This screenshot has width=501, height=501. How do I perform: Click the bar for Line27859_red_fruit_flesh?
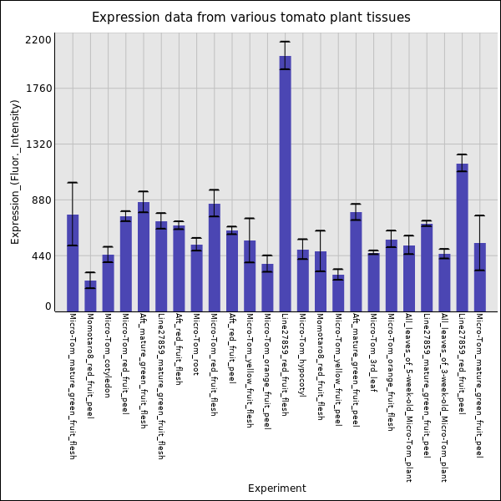[x=285, y=184]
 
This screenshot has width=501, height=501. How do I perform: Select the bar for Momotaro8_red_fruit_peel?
[x=90, y=296]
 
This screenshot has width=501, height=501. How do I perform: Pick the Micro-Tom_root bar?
[x=196, y=277]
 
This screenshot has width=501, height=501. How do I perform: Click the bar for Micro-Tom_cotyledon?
[x=108, y=283]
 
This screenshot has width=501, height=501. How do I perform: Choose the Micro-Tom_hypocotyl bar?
[x=302, y=280]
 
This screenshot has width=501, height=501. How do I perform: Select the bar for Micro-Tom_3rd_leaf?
[x=373, y=281]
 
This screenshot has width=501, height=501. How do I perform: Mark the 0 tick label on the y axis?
[x=48, y=306]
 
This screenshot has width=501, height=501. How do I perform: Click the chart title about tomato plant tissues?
[x=250, y=18]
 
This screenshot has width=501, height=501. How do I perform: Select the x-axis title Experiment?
[x=276, y=488]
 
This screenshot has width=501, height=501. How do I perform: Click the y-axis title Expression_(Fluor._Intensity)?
[x=15, y=171]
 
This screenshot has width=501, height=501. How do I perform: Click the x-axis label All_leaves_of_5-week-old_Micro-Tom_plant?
[x=408, y=397]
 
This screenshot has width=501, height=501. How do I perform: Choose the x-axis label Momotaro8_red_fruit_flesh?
[x=320, y=367]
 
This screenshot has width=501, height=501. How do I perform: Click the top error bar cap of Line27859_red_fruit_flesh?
[x=285, y=42]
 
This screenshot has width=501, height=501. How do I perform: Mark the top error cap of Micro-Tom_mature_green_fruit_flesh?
[x=73, y=183]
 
